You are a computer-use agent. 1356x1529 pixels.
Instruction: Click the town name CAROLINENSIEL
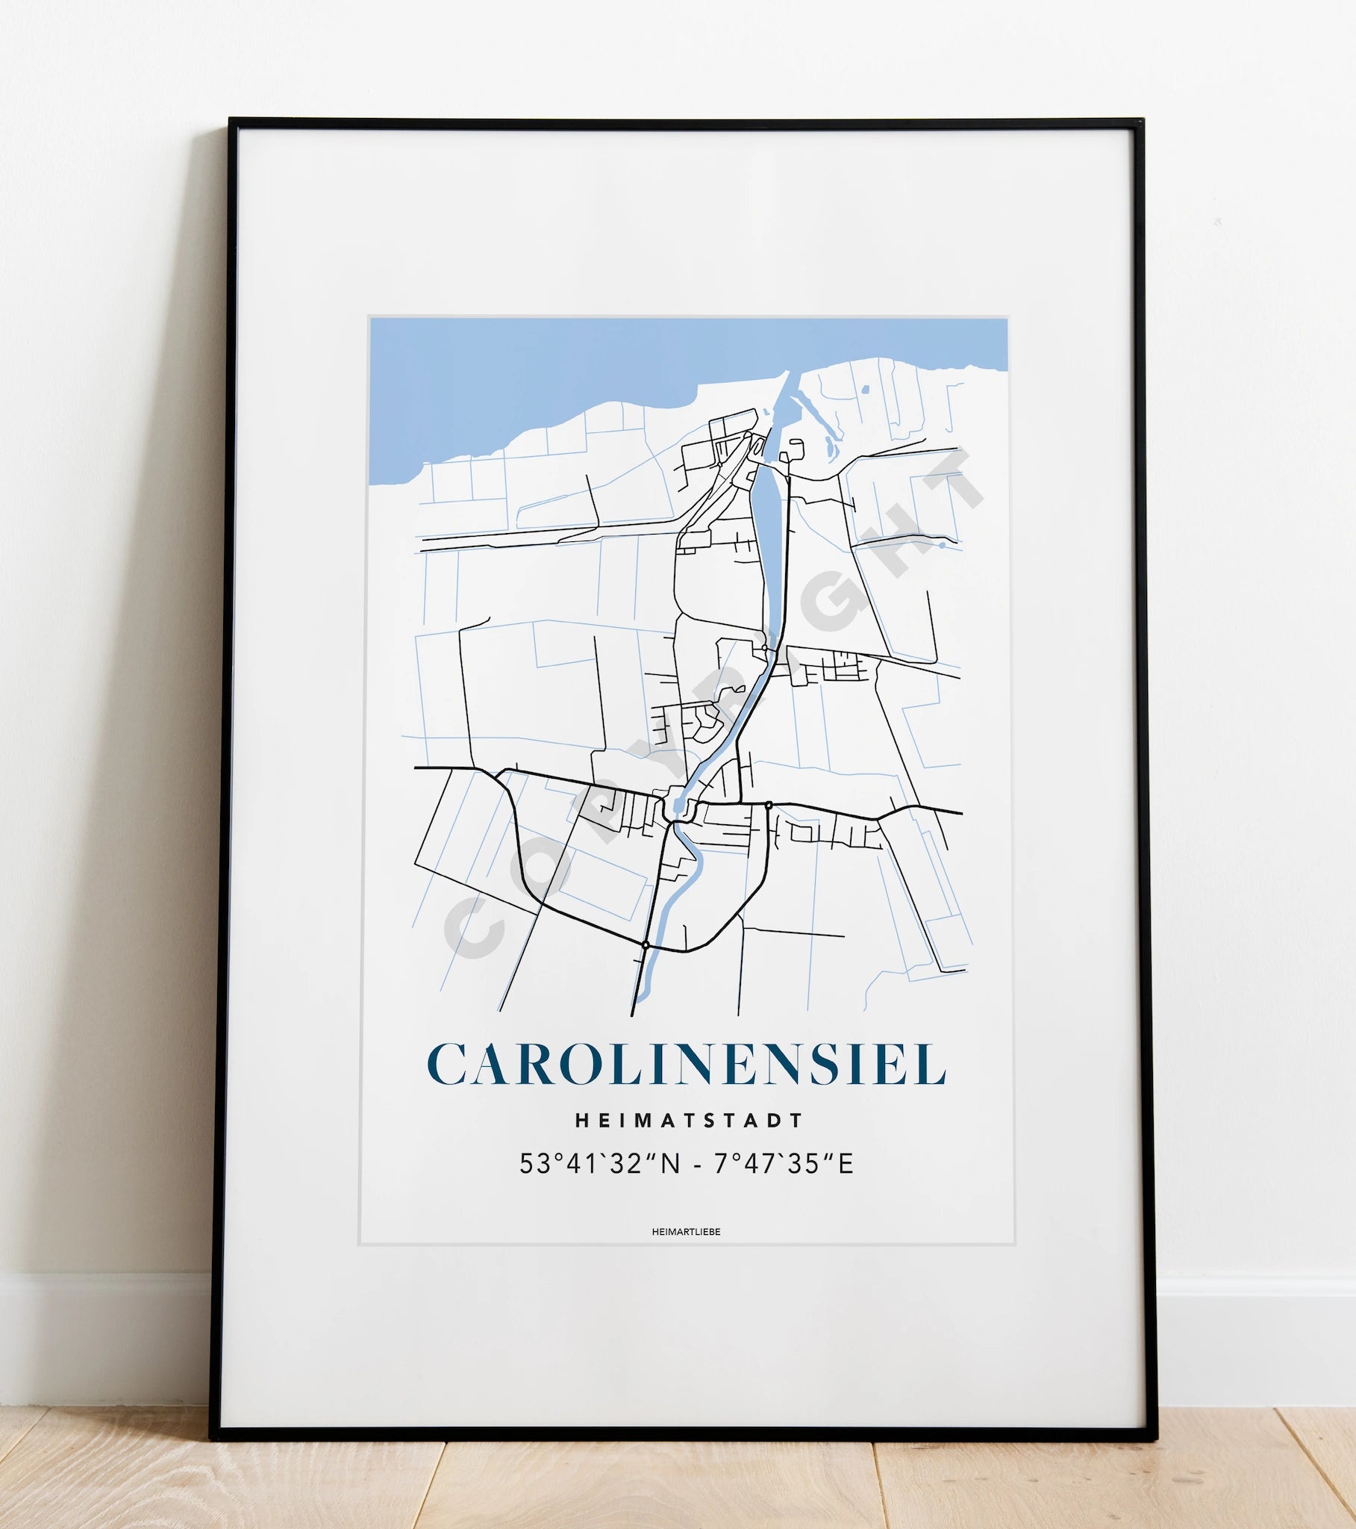click(x=686, y=1063)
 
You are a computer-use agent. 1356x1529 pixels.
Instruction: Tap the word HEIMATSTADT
click(x=689, y=1120)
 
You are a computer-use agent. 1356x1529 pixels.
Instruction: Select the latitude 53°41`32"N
click(x=600, y=1164)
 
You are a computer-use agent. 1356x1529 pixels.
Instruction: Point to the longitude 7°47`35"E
click(x=783, y=1164)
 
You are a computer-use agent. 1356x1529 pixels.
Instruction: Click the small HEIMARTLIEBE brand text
click(x=686, y=1232)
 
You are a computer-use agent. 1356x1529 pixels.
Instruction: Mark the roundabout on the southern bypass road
click(x=646, y=944)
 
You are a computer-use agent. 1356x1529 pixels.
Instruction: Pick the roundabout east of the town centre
click(x=768, y=805)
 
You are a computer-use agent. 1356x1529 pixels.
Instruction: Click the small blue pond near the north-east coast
click(x=865, y=390)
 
